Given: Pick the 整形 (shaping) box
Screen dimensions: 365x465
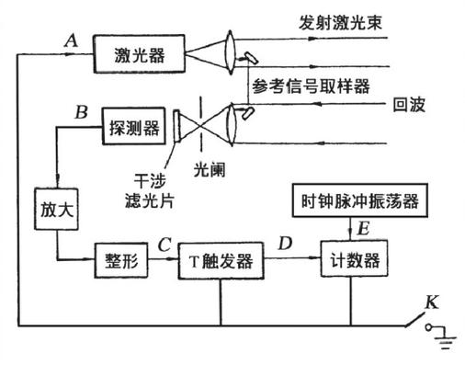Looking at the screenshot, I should pyautogui.click(x=118, y=261).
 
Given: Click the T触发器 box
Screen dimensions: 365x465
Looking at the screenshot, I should pyautogui.click(x=219, y=261).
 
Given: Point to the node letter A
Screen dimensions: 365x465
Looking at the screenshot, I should pyautogui.click(x=71, y=40).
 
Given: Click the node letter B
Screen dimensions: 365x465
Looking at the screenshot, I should pyautogui.click(x=81, y=113).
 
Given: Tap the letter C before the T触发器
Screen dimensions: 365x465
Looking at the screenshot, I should pyautogui.click(x=164, y=245).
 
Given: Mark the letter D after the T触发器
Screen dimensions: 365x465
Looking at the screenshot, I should pyautogui.click(x=285, y=245).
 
